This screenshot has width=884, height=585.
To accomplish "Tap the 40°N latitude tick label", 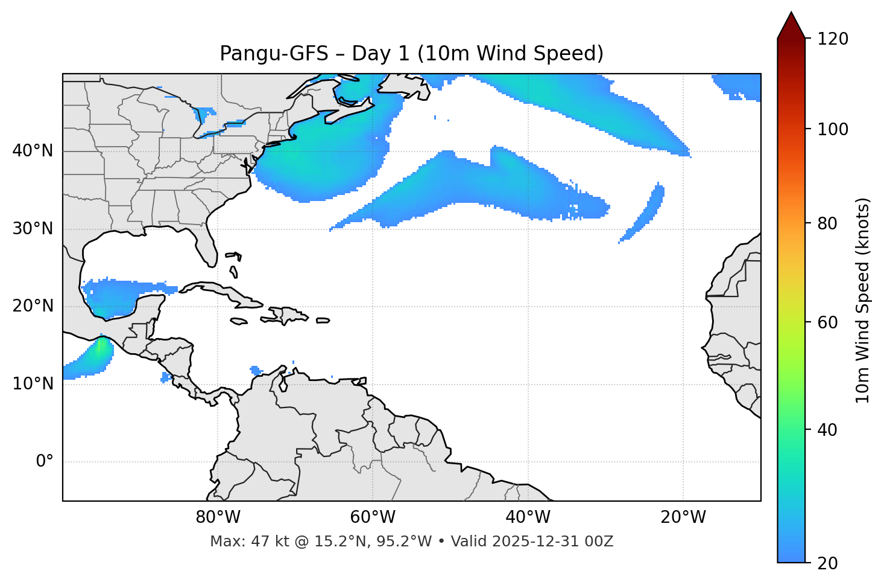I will [x=33, y=151].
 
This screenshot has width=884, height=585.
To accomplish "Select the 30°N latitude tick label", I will [x=33, y=229].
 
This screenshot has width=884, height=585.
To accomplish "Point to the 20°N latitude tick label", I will [x=33, y=306].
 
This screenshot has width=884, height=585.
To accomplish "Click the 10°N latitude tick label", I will [x=33, y=384].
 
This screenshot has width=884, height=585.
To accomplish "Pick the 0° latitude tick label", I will [x=45, y=462].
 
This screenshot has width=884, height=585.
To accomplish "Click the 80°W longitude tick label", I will [x=218, y=517].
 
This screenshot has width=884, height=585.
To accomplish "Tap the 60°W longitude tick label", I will [x=373, y=517].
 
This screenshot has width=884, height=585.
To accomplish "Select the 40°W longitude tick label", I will [x=528, y=517].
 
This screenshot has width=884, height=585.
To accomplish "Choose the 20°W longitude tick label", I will [x=683, y=517].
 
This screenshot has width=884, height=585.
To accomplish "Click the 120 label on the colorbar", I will [x=833, y=39].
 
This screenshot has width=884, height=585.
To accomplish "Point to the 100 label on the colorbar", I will [x=833, y=129].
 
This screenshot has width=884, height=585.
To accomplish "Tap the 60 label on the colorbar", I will [x=827, y=322].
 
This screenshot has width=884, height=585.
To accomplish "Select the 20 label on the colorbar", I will [x=827, y=563].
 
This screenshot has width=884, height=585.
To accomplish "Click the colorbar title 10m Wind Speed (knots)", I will [x=863, y=300].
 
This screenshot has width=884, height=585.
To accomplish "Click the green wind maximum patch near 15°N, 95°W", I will [x=100, y=349].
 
